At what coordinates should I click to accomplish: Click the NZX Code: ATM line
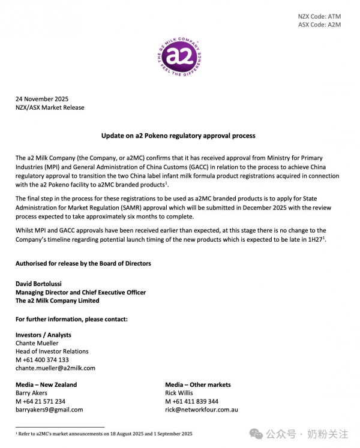click(319, 16)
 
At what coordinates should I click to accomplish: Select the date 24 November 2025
click(42, 99)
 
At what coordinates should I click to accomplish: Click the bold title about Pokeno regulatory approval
click(178, 136)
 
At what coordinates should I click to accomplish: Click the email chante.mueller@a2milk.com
click(55, 368)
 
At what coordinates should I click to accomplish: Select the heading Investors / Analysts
click(43, 335)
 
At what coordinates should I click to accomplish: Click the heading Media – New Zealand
click(46, 384)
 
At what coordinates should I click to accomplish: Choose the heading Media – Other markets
click(197, 384)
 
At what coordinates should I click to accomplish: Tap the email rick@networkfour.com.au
click(202, 410)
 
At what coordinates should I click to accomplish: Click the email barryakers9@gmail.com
click(49, 410)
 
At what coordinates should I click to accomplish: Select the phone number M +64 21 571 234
click(40, 401)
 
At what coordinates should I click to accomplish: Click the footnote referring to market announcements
click(103, 433)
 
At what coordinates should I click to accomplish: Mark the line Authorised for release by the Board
click(83, 263)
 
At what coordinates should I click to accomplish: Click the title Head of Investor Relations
click(52, 351)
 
